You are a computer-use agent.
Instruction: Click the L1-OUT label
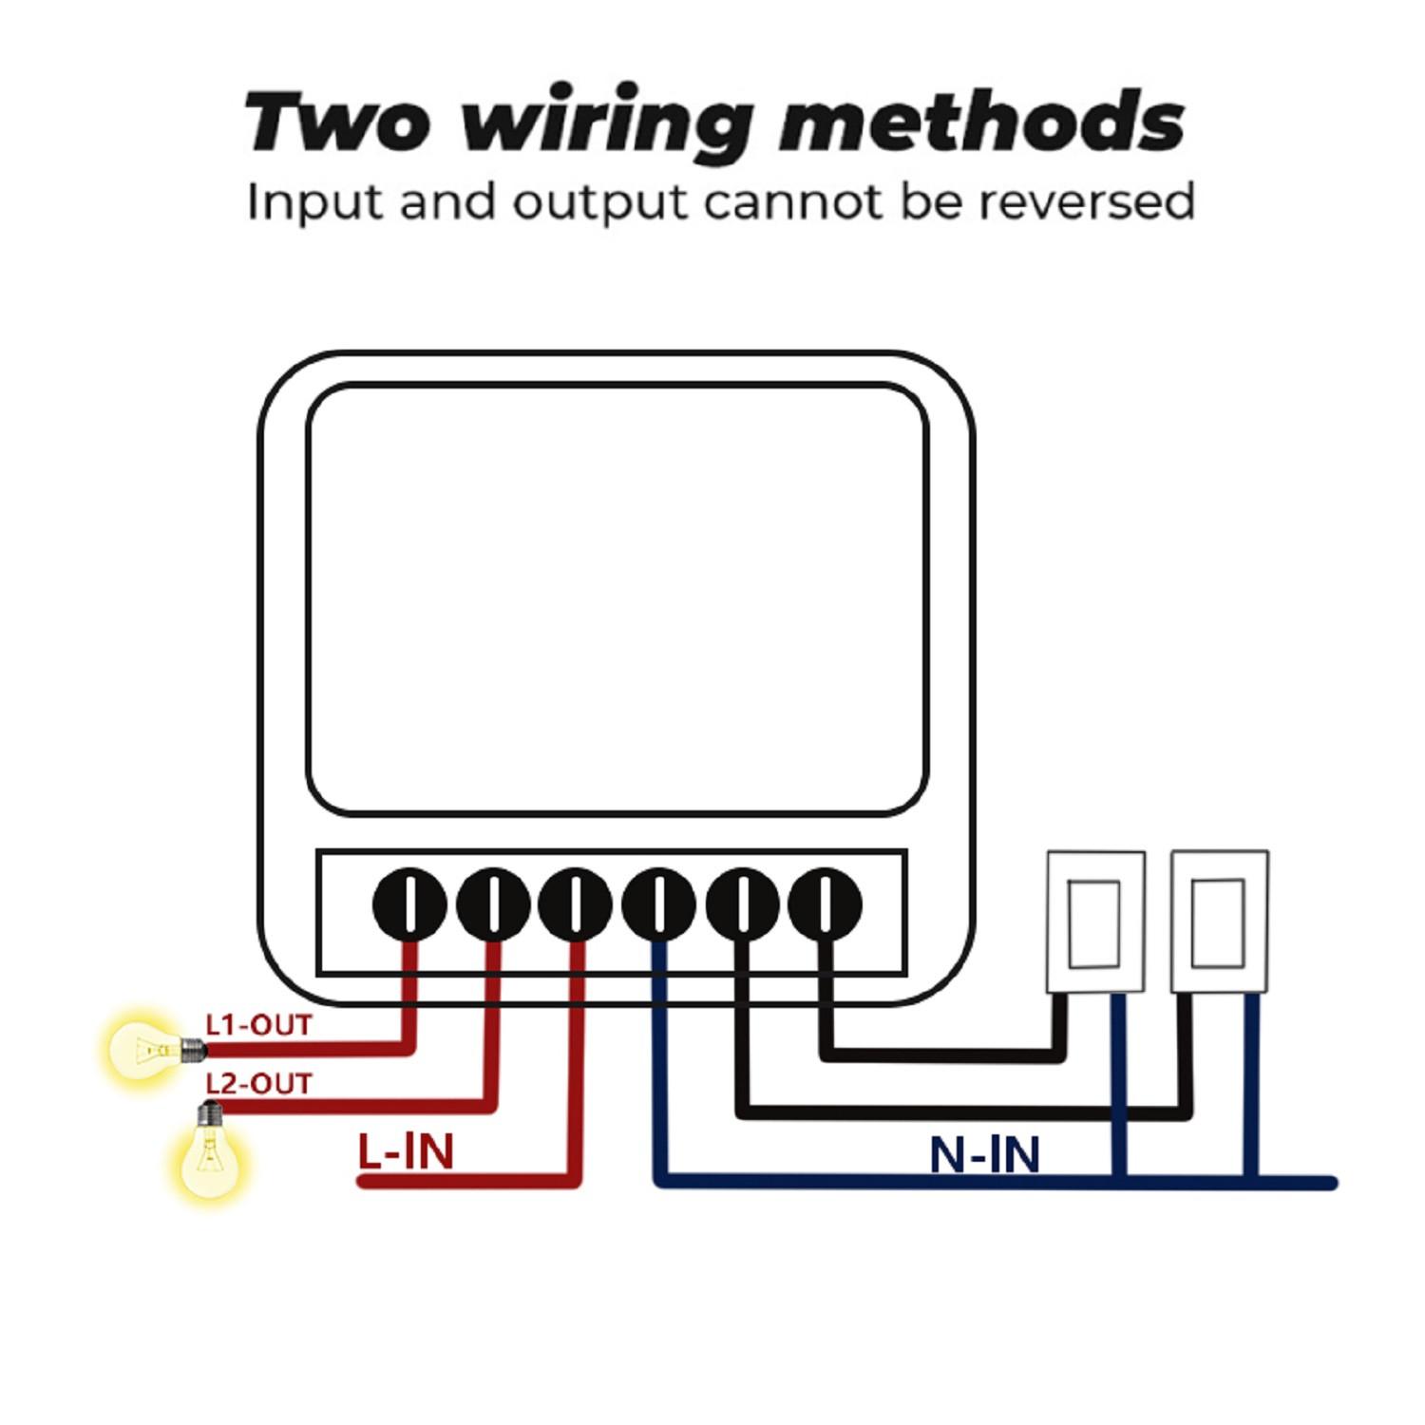258,1025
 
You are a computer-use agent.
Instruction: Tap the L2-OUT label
258,1083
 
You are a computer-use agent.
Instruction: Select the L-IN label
406,1151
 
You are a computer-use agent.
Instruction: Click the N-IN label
984,1154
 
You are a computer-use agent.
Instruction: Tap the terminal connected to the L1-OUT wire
409,903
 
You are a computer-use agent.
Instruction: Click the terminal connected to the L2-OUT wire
493,903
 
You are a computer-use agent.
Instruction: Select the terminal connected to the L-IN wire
575,903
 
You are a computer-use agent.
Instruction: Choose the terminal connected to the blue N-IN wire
658,903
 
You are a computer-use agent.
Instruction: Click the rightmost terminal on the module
826,903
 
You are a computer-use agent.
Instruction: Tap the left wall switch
1094,921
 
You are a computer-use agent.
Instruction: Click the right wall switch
1219,921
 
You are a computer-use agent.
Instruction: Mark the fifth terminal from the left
743,903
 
